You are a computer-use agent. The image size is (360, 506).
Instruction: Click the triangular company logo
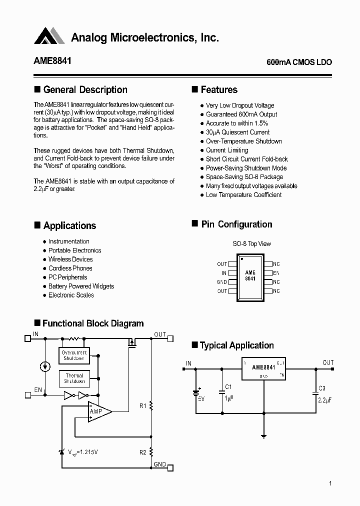click(49, 36)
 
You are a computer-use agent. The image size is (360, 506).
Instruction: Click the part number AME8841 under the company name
click(52, 61)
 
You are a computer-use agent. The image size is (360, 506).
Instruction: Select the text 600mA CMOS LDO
click(299, 62)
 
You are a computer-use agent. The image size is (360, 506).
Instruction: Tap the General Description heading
click(85, 90)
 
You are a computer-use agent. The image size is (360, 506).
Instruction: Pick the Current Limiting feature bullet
click(226, 150)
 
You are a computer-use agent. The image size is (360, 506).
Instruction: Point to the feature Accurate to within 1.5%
click(236, 123)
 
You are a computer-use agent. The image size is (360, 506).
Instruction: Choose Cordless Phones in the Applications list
click(70, 268)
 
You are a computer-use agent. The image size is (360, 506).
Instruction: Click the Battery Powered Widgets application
click(81, 286)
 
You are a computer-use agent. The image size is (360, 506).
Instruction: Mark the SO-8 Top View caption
click(251, 244)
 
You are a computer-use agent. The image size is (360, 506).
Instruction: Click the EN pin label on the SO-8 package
click(275, 273)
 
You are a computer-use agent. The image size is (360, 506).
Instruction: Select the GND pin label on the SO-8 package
click(221, 282)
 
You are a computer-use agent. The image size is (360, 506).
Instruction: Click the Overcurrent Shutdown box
click(74, 355)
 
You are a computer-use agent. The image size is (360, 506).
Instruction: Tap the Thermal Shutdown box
click(74, 378)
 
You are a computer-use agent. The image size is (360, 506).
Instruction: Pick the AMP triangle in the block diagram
click(97, 411)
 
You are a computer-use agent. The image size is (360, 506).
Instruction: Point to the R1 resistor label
click(142, 406)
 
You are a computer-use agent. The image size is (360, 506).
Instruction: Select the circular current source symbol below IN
click(45, 367)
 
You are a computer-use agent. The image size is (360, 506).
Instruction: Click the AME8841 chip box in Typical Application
click(262, 369)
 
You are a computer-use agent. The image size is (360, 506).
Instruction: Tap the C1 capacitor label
click(228, 387)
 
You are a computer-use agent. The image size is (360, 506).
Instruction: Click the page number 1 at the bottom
click(330, 483)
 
